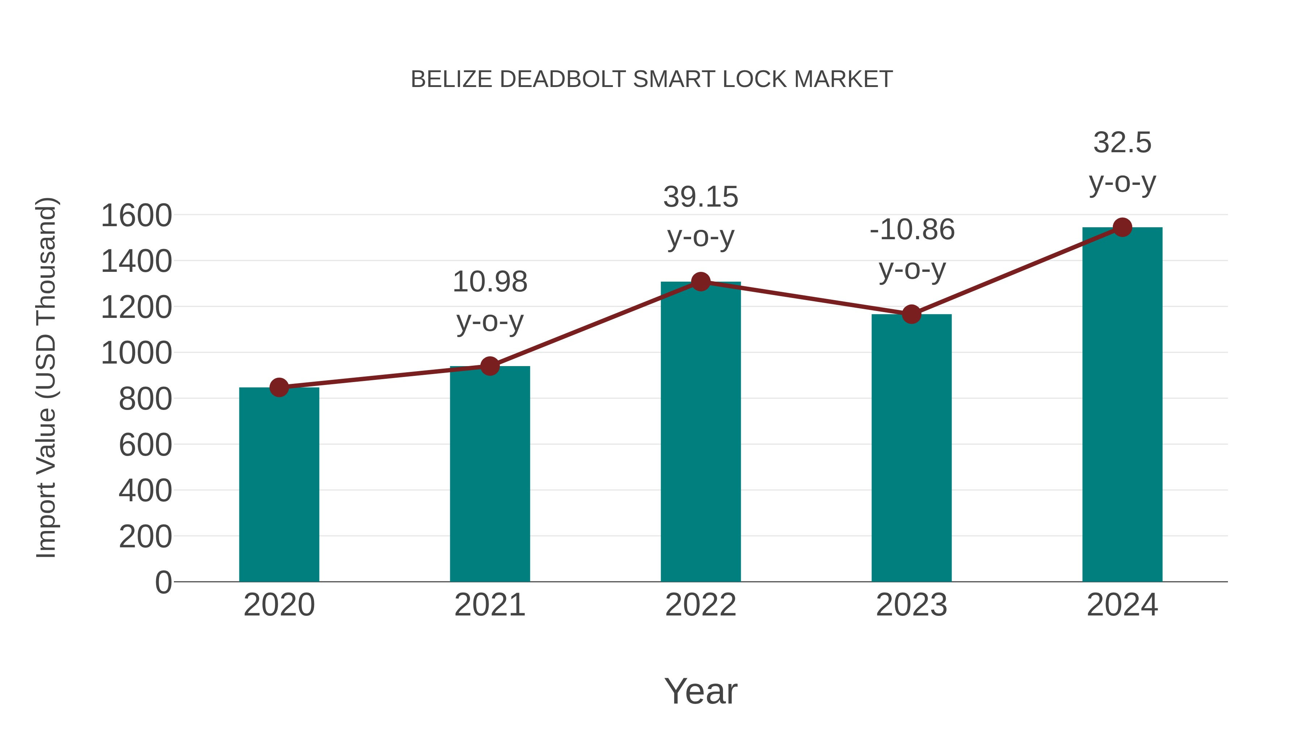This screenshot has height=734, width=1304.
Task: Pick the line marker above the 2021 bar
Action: [489, 366]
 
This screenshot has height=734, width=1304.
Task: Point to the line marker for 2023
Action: [911, 314]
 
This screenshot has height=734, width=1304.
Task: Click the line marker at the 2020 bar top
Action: [279, 387]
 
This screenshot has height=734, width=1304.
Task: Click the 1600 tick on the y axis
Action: [136, 215]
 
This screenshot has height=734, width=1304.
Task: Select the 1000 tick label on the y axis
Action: [136, 353]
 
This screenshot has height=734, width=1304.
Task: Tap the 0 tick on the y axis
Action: [163, 582]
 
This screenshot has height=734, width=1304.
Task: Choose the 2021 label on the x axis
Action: [489, 605]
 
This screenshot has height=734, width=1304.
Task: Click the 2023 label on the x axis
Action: [911, 605]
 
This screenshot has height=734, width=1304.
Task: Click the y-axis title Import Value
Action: [46, 377]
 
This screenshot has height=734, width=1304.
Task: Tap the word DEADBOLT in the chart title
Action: [563, 79]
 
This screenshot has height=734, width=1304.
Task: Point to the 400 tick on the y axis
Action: [145, 490]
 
